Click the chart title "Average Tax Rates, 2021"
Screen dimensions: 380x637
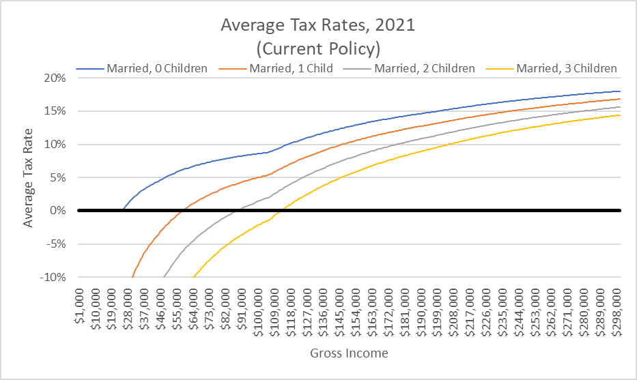(x=317, y=26)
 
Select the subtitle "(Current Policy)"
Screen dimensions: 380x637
(x=317, y=48)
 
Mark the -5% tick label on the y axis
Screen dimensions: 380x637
(x=56, y=244)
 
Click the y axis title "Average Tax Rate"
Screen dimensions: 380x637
(x=28, y=177)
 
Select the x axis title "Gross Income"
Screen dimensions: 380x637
(x=349, y=353)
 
